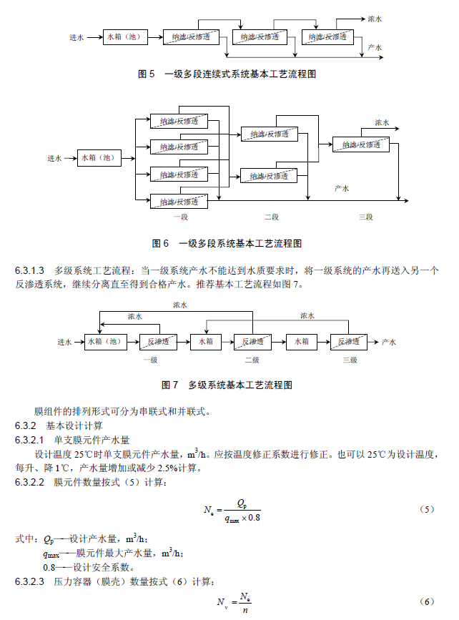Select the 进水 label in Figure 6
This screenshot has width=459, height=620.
tap(56, 158)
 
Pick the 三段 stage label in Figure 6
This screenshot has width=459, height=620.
tap(365, 217)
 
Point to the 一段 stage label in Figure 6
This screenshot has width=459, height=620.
tap(180, 217)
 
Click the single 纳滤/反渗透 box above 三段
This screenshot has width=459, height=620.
tap(360, 144)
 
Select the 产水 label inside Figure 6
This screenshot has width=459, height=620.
tap(342, 189)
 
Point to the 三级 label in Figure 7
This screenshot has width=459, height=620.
tap(350, 360)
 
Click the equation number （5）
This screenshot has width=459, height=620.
tap(426, 510)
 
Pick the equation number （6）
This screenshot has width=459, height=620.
tap(426, 601)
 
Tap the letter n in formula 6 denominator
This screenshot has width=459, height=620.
tap(245, 610)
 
